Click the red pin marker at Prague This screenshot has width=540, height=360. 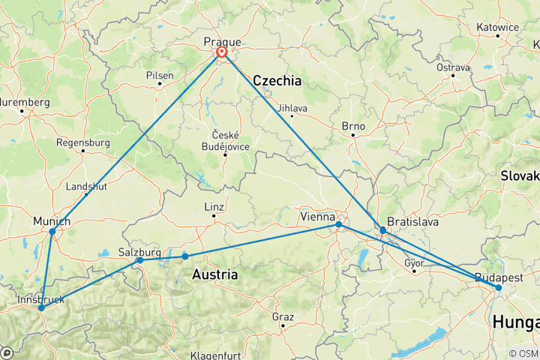click(222, 52)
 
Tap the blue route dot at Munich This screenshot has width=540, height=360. click(52, 231)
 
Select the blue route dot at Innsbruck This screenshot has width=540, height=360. click(41, 308)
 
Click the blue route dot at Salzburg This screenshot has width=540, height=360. click(140, 260)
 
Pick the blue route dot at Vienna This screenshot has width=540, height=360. click(339, 224)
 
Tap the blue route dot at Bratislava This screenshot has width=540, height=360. click(383, 230)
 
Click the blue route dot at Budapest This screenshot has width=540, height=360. click(499, 288)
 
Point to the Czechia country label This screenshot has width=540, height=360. click(277, 80)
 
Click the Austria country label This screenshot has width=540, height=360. click(215, 275)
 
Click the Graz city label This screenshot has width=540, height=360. click(283, 317)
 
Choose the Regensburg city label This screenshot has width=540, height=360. click(83, 141)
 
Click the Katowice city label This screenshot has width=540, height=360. click(497, 28)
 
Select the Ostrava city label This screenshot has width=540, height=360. click(454, 67)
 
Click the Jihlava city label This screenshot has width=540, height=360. click(292, 107)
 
